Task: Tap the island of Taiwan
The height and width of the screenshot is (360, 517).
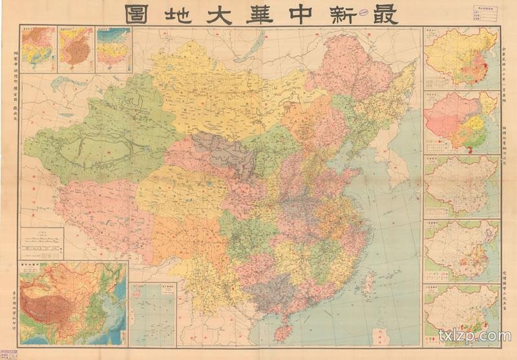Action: (370, 282)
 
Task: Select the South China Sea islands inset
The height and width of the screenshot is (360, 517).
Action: (153, 313)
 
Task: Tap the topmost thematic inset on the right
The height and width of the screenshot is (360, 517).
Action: (461, 57)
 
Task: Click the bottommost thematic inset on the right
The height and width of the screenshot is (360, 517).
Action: (461, 312)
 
